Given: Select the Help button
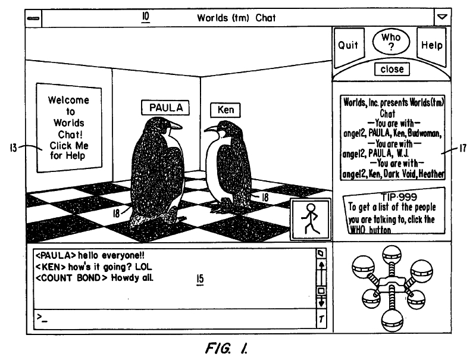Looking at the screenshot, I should [x=431, y=46].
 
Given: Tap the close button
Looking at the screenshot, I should [x=392, y=69].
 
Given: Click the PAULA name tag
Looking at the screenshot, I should [x=165, y=108].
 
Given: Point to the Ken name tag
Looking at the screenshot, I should [x=226, y=110].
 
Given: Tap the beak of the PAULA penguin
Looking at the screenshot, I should [x=177, y=126].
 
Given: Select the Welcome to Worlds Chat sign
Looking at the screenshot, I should [x=67, y=128].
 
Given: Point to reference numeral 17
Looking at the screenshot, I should [x=462, y=150].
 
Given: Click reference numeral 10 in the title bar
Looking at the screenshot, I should [x=145, y=16].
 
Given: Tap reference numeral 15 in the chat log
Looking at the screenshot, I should [x=199, y=278].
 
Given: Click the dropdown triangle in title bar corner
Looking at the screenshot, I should [x=441, y=17].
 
